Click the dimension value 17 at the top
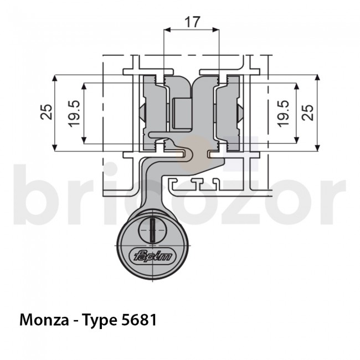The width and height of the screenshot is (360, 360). (192, 22)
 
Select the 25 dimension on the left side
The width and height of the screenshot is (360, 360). (48, 112)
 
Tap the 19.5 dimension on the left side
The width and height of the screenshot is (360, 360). (75, 113)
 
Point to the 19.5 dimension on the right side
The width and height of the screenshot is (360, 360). (283, 113)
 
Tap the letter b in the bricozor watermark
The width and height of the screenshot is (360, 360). (42, 188)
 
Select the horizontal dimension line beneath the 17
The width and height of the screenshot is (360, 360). (192, 32)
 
